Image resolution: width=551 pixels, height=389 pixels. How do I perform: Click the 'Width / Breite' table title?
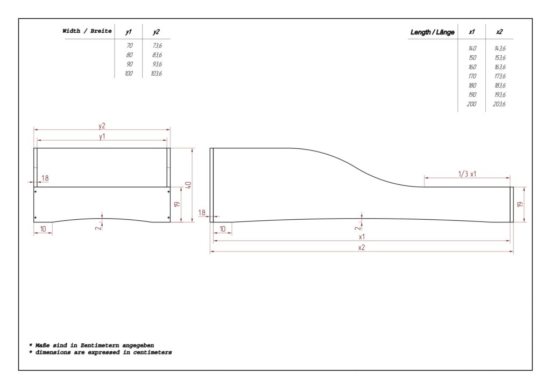(87, 31)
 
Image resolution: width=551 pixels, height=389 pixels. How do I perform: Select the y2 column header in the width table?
(157, 32)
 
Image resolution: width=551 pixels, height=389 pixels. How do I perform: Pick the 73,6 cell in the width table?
(157, 46)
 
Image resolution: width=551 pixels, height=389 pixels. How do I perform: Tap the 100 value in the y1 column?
(129, 73)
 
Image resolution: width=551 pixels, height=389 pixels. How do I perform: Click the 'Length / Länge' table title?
(432, 32)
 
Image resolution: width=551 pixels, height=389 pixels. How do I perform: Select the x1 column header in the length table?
(471, 32)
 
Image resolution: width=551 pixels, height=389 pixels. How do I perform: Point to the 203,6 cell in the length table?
(499, 104)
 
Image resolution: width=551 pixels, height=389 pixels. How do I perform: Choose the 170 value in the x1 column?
(472, 76)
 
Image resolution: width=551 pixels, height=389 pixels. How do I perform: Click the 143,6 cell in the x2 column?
(500, 48)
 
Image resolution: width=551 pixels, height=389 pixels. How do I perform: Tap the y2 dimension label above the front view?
(102, 126)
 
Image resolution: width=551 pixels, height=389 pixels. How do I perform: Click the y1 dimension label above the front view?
(102, 136)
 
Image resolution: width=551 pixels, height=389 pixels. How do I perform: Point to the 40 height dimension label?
(188, 185)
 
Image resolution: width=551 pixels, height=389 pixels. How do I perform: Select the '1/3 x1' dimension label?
(467, 174)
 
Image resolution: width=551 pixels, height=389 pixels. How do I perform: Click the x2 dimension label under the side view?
(362, 247)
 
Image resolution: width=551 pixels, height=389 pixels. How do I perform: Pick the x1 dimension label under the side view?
(362, 237)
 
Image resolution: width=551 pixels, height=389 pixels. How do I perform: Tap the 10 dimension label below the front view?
(43, 229)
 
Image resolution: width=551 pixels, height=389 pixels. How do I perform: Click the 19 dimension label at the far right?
(520, 204)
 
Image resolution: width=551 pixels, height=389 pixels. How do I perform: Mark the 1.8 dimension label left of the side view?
(202, 212)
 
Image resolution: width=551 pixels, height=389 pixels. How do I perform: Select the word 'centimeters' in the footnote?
(152, 352)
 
